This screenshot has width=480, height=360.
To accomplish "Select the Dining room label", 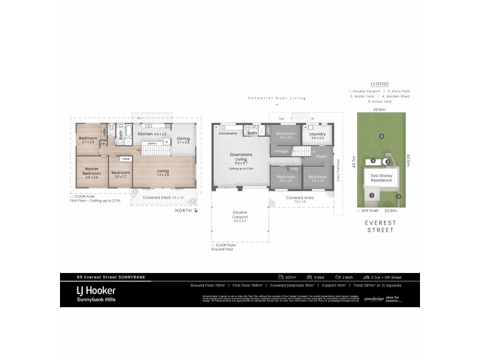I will click(183, 139).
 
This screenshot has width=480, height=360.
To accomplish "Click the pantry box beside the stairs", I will click(152, 143).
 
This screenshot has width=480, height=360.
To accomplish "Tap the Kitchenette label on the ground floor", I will click(229, 134).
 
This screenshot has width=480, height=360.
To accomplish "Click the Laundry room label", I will click(318, 134).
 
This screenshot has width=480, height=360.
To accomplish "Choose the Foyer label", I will click(322, 157).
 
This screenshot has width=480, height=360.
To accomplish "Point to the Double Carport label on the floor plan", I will click(239, 215).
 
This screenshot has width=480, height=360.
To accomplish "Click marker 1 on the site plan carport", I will click(371, 195).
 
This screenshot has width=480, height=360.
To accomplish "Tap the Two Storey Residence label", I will click(382, 178).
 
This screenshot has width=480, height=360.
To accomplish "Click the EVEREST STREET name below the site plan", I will click(380, 226).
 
